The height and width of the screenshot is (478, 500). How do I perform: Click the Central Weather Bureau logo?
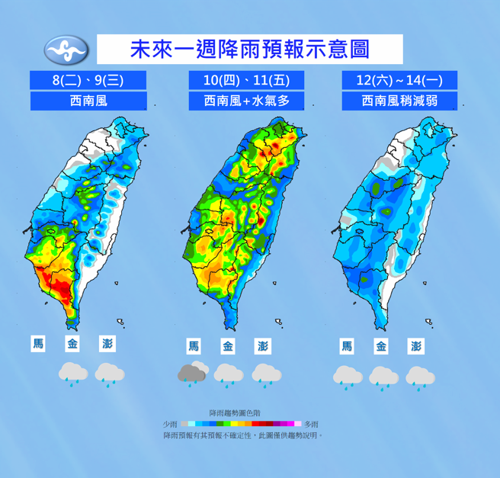pyautogui.click(x=67, y=50)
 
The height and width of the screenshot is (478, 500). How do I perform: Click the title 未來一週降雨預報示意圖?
pyautogui.click(x=250, y=50)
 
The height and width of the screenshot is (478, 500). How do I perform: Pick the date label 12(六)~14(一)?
pyautogui.click(x=399, y=79)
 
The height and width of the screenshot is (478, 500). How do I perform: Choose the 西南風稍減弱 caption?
pyautogui.click(x=399, y=101)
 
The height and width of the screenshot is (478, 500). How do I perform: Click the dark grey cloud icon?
pyautogui.click(x=194, y=374)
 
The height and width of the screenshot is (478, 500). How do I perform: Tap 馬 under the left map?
pyautogui.click(x=38, y=344)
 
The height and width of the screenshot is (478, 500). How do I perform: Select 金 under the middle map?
pyautogui.click(x=228, y=347)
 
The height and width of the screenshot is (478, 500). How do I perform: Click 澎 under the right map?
pyautogui.click(x=416, y=347)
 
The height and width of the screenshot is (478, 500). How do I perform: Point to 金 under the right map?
pyautogui.click(x=382, y=347)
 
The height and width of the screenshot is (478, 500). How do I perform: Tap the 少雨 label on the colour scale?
pyautogui.click(x=169, y=424)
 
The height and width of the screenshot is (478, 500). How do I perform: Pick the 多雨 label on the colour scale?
pyautogui.click(x=311, y=424)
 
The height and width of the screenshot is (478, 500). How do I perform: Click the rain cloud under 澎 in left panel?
pyautogui.click(x=110, y=374)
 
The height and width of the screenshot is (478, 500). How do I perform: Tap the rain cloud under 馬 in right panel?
pyautogui.click(x=348, y=376)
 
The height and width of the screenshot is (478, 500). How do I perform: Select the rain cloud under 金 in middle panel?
pyautogui.click(x=228, y=374)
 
